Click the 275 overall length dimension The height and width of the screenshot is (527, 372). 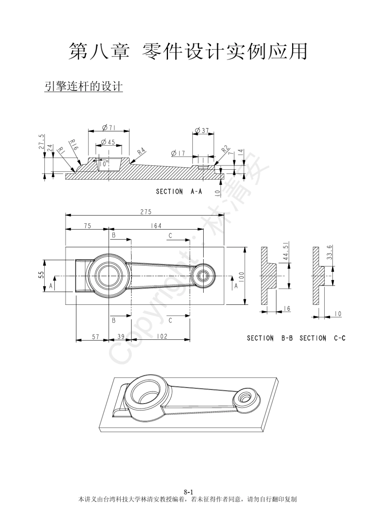(146, 212)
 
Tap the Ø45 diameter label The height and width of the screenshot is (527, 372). (108, 142)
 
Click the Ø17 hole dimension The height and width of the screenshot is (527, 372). (178, 154)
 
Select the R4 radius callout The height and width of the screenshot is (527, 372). (141, 152)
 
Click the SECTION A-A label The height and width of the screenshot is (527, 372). (179, 192)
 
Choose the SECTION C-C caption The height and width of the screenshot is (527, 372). (322, 338)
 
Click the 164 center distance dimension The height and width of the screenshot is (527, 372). (156, 226)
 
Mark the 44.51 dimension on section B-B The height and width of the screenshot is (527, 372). (285, 251)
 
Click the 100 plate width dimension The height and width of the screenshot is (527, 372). (240, 276)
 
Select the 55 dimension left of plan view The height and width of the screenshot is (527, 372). (41, 276)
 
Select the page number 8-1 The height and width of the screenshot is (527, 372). (189, 492)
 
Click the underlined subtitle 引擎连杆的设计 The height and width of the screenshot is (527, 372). (84, 87)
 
